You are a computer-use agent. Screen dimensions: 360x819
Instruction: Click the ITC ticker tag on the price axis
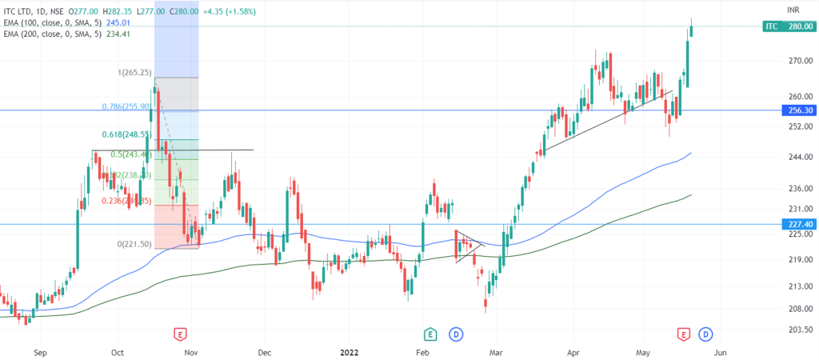(x=771, y=26)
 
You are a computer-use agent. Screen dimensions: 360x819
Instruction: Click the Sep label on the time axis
(x=42, y=350)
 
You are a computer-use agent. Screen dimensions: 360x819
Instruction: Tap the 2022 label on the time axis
(x=350, y=350)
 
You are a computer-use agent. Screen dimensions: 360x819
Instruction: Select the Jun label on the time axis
(x=720, y=350)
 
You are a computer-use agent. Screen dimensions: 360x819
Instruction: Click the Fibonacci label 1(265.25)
(x=134, y=73)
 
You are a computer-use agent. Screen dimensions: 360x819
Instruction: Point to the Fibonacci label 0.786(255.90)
(x=126, y=106)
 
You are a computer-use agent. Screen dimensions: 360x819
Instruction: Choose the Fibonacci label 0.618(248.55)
(x=126, y=135)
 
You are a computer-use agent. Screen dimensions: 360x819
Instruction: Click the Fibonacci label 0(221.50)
(x=134, y=243)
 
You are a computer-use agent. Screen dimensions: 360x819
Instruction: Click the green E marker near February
(x=430, y=333)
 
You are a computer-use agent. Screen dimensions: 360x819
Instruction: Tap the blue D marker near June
(x=706, y=333)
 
